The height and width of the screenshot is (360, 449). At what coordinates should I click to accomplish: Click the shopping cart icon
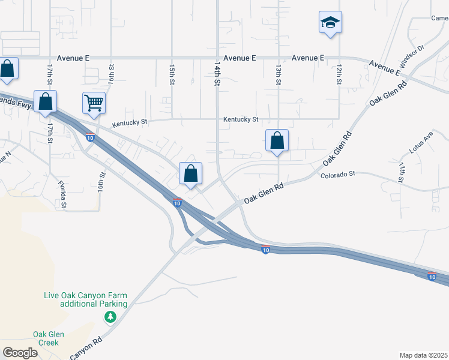pos(94,103)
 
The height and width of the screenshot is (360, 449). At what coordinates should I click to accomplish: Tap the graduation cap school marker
pos(330,23)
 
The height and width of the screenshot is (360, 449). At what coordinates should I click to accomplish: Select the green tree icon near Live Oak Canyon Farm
pos(110,316)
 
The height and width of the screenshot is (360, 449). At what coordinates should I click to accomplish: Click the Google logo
pos(20,352)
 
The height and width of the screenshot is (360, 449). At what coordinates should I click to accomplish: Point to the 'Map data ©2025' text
pos(423,355)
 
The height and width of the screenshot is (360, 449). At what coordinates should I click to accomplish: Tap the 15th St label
pos(172,74)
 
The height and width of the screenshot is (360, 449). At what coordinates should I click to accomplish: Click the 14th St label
pos(217,72)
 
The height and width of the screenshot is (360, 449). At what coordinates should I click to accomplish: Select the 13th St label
pos(279,74)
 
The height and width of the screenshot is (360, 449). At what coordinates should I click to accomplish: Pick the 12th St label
pos(339,74)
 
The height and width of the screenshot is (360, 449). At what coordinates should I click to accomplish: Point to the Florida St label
pos(62,194)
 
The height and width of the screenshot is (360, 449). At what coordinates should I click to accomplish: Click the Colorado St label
pos(338,175)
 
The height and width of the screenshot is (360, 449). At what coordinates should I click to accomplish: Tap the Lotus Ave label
pos(424,142)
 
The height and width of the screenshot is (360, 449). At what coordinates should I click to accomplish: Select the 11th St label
pos(402,170)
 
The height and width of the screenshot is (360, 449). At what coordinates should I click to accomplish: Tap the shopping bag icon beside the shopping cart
pos(46,101)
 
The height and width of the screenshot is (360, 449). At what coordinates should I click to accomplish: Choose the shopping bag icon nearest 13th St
pos(277,141)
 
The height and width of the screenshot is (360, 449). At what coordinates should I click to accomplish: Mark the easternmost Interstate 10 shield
pos(432,276)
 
